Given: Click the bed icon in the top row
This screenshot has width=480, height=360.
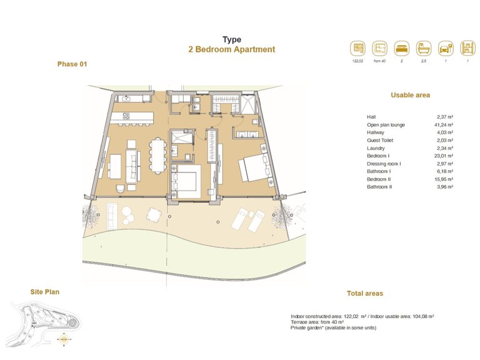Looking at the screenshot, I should pos(400,48).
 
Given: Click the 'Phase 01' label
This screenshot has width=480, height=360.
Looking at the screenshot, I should pos(72,64).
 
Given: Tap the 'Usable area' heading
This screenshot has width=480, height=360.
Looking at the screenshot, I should pos(410,95).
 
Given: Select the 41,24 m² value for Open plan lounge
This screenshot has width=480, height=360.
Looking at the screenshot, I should pos(444,125).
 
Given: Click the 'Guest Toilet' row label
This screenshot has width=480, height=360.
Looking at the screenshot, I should pos(380,141).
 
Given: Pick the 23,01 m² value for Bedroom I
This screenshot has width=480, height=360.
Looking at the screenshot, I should pos(444,156).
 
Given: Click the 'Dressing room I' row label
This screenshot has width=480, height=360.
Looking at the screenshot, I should pos(384,164).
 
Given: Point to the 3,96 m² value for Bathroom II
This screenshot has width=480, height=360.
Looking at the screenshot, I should pos(444,186).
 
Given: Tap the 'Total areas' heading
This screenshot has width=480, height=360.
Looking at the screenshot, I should pos(365,293).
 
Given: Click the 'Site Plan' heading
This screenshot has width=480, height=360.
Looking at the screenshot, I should pos(45,291).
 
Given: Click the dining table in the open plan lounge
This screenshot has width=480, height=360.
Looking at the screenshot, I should pos(157,154).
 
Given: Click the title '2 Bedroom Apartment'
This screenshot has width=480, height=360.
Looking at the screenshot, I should pos(231,49).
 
